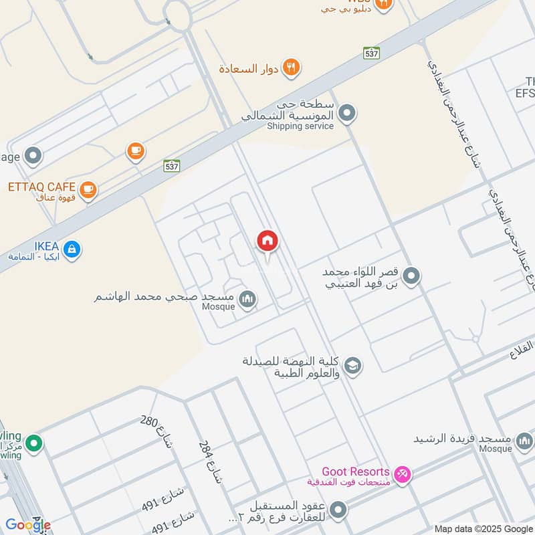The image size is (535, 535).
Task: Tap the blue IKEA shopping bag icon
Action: (72, 249)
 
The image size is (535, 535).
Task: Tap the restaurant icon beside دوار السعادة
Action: (291, 67)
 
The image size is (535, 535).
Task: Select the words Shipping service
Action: (300, 126)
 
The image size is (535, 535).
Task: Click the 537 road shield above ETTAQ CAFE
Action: (172, 165)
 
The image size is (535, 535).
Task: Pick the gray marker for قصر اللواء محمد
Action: (412, 275)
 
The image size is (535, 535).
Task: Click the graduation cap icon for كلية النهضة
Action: (353, 366)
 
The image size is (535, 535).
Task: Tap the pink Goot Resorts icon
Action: (402, 475)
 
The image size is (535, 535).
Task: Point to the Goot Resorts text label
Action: (355, 472)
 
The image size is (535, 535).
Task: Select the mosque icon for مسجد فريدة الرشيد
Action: (524, 440)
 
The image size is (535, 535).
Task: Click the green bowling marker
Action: (34, 442)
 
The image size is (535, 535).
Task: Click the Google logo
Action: (28, 525)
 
